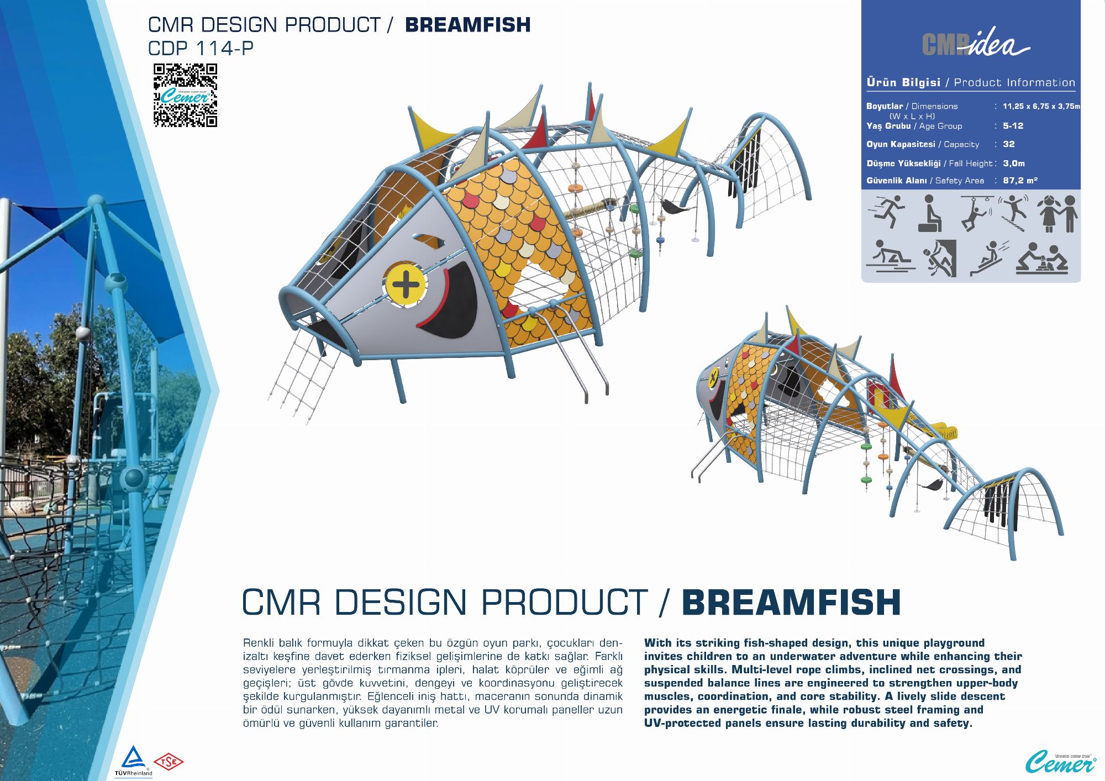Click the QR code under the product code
(x=185, y=96)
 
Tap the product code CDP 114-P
(x=201, y=49)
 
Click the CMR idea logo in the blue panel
(x=975, y=42)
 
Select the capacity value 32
(x=1009, y=144)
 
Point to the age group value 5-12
(x=1013, y=126)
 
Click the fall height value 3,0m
(x=1014, y=163)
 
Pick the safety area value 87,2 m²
(x=1020, y=181)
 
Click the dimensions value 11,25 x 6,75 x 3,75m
(x=1041, y=106)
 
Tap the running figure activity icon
(x=886, y=213)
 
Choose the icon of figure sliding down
(x=989, y=258)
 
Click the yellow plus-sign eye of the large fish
(x=406, y=285)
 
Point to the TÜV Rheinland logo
(x=133, y=761)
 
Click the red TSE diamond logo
(x=169, y=762)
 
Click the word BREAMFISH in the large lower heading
(x=792, y=602)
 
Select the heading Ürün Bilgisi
(x=903, y=82)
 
